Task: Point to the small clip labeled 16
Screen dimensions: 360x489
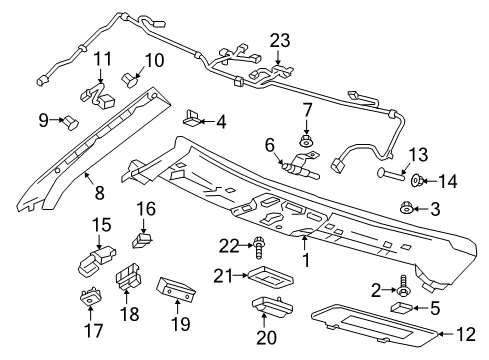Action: (x=142, y=238)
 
